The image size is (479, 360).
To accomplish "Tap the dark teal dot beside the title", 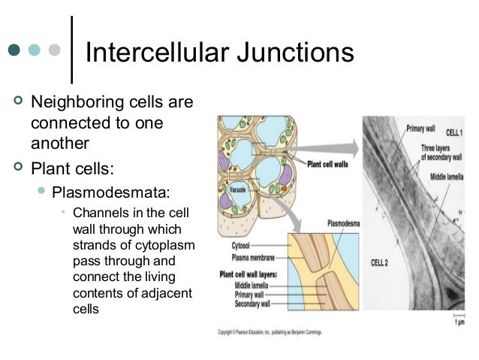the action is pyautogui.click(x=14, y=50).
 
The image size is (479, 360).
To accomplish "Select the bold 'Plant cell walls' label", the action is pyautogui.click(x=329, y=163).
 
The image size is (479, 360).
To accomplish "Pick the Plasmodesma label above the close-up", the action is pyautogui.click(x=345, y=223).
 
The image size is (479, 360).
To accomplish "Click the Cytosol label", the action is pyautogui.click(x=236, y=244).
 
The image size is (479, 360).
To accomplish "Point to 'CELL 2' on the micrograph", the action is pyautogui.click(x=379, y=262).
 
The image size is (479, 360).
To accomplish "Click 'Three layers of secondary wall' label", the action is pyautogui.click(x=444, y=153).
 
